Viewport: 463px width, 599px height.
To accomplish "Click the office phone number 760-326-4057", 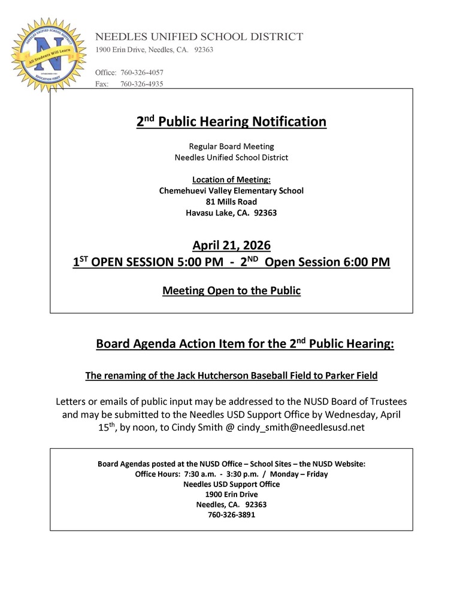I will click(x=142, y=72).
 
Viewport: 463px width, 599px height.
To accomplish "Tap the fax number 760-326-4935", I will click(x=142, y=84).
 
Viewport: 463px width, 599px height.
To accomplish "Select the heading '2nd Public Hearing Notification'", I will click(x=231, y=122).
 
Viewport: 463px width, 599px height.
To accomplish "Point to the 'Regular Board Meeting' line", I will click(x=231, y=146).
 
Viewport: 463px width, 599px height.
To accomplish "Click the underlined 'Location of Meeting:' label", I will click(x=231, y=180).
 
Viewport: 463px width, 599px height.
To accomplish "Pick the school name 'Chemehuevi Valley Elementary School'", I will click(x=231, y=190).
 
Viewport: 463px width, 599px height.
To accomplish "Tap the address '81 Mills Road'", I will click(x=231, y=202).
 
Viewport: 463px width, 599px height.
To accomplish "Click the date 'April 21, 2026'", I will click(x=231, y=245).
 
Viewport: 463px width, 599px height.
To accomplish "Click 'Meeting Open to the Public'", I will click(x=231, y=291).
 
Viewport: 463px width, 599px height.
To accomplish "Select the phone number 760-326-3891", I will click(x=231, y=515).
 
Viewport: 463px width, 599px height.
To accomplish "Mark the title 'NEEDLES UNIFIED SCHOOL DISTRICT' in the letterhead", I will click(x=199, y=37).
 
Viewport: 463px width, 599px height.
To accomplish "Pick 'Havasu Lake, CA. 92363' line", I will click(x=231, y=213).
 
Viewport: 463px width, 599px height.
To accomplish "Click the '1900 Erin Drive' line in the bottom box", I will click(x=231, y=494).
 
